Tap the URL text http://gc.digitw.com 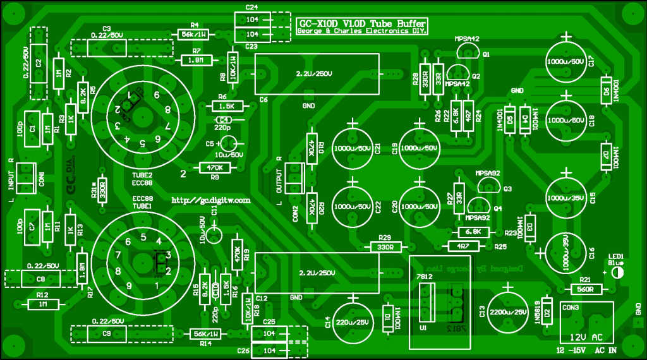coord(211,200)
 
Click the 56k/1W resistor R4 coord(193,34)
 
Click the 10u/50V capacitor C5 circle coord(230,143)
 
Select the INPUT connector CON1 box coord(25,177)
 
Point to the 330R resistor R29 coord(385,246)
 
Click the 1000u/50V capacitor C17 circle coord(567,61)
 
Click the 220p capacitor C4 coord(223,119)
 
